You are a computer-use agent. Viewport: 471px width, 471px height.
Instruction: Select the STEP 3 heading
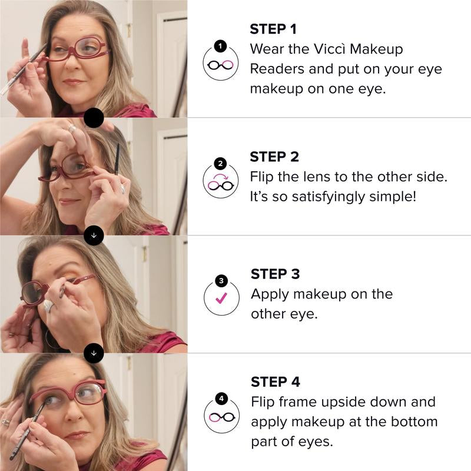coord(275,274)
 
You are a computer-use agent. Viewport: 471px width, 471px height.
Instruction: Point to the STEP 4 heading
coord(275,382)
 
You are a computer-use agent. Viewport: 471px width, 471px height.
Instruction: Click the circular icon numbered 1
coord(221,61)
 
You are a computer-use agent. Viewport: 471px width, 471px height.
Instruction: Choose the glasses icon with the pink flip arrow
coord(221,179)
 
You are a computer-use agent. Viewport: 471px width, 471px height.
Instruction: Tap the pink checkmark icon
coord(221,294)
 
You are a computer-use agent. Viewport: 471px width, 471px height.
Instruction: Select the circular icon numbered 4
coord(221,412)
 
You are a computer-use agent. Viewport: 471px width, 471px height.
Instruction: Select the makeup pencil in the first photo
coord(24,69)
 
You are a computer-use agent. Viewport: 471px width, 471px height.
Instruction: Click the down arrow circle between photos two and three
coord(94,235)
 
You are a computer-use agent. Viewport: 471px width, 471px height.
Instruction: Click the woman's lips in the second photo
coord(68,201)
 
